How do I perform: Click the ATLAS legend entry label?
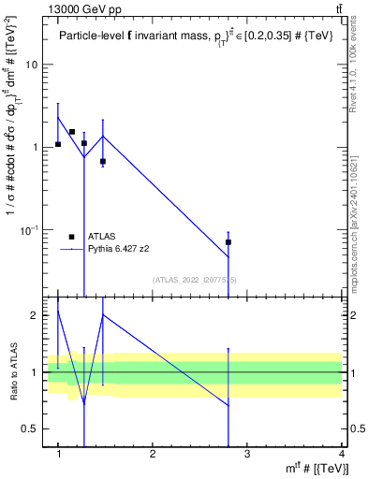[x=101, y=237]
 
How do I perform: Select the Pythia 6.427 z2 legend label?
[x=120, y=250]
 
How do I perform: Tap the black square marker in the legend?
[x=71, y=237]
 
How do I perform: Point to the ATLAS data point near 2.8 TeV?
[x=228, y=242]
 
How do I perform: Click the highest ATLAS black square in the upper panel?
[x=71, y=132]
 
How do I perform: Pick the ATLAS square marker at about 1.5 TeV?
[x=103, y=162]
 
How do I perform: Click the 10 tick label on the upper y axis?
[x=32, y=65]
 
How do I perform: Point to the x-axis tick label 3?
[x=247, y=455]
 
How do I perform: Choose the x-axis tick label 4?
[x=341, y=455]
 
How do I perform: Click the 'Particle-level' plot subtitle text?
[x=89, y=36]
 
